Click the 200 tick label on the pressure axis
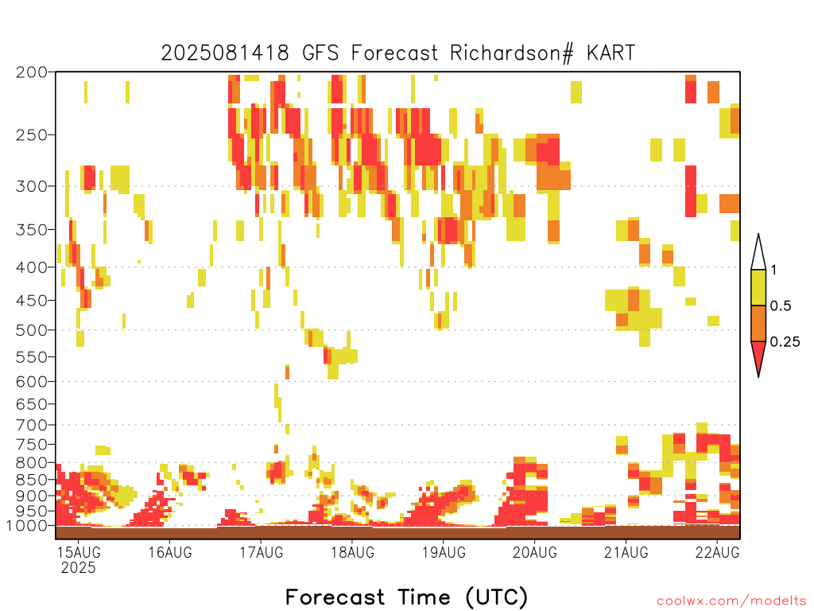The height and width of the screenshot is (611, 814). click(x=31, y=72)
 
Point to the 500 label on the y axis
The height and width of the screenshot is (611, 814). click(x=31, y=330)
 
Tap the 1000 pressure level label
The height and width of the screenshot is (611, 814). click(x=26, y=526)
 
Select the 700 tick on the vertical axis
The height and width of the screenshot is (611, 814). click(x=31, y=426)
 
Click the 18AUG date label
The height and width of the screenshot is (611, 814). click(x=352, y=552)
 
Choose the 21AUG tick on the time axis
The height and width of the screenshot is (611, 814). click(x=626, y=552)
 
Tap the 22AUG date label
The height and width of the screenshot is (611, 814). click(x=718, y=552)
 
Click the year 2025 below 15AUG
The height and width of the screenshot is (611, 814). click(x=79, y=567)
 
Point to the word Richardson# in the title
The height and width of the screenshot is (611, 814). click(x=512, y=53)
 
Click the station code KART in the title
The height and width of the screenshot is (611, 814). click(x=610, y=53)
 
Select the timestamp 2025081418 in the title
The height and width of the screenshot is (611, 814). click(x=225, y=53)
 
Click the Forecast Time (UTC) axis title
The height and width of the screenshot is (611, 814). click(x=406, y=597)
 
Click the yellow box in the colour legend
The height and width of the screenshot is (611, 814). click(x=758, y=287)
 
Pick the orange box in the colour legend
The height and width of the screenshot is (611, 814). click(x=758, y=323)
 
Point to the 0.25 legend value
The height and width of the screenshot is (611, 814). click(x=785, y=342)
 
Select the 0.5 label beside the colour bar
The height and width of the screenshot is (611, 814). click(x=781, y=306)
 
